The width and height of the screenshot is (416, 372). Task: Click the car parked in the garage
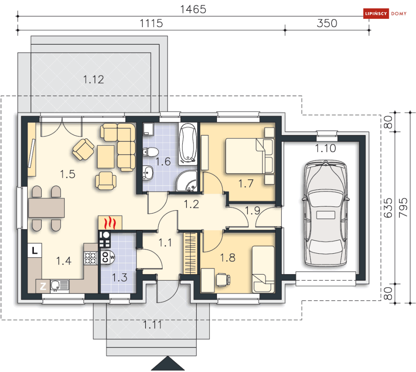tap(326, 213)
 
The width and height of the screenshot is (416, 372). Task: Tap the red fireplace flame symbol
tap(110, 223)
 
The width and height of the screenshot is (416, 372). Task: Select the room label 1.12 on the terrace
tap(93, 79)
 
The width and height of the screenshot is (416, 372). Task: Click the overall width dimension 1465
tap(193, 10)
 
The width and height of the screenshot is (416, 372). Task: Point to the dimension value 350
tap(327, 23)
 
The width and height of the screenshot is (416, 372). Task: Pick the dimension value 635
tap(388, 208)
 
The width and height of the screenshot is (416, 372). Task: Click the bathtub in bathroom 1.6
tap(188, 143)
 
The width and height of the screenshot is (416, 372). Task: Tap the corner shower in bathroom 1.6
tap(187, 181)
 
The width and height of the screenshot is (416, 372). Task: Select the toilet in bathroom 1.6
tap(151, 152)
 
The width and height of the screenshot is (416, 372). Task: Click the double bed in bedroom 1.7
tap(250, 156)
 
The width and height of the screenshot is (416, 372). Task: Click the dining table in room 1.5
tap(46, 208)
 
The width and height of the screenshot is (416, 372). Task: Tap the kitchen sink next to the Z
tap(60, 286)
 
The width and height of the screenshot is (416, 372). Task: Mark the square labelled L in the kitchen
tap(35, 250)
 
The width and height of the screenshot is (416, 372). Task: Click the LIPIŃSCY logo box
tap(376, 13)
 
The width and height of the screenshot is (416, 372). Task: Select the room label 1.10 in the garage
tap(325, 148)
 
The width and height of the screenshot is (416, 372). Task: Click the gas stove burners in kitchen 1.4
tap(91, 258)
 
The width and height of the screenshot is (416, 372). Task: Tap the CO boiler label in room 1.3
tap(106, 257)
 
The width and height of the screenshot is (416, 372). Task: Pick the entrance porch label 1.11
tap(152, 325)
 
